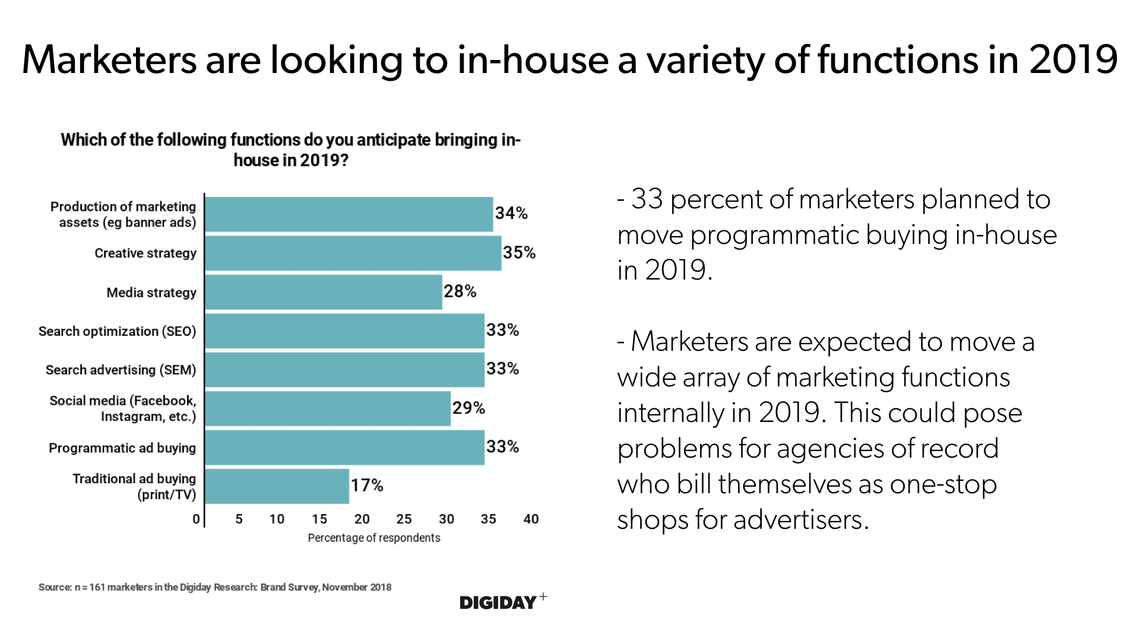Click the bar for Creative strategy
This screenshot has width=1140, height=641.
353,253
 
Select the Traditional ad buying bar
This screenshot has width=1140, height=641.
277,486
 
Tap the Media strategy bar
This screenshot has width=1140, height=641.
323,292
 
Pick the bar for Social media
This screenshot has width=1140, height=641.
327,408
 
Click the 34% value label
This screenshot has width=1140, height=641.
511,213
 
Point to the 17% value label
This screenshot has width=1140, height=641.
367,485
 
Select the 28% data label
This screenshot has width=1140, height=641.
460,291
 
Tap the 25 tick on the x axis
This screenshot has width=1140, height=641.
404,519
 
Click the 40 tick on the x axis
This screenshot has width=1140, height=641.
531,519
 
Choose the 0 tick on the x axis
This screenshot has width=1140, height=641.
196,519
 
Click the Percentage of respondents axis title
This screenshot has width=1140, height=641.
374,538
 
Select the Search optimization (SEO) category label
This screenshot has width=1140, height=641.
117,331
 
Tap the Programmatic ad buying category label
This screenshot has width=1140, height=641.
122,448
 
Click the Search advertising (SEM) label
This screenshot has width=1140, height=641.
121,370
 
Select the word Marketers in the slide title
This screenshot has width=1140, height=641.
109,60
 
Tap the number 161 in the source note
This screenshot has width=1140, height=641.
97,587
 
